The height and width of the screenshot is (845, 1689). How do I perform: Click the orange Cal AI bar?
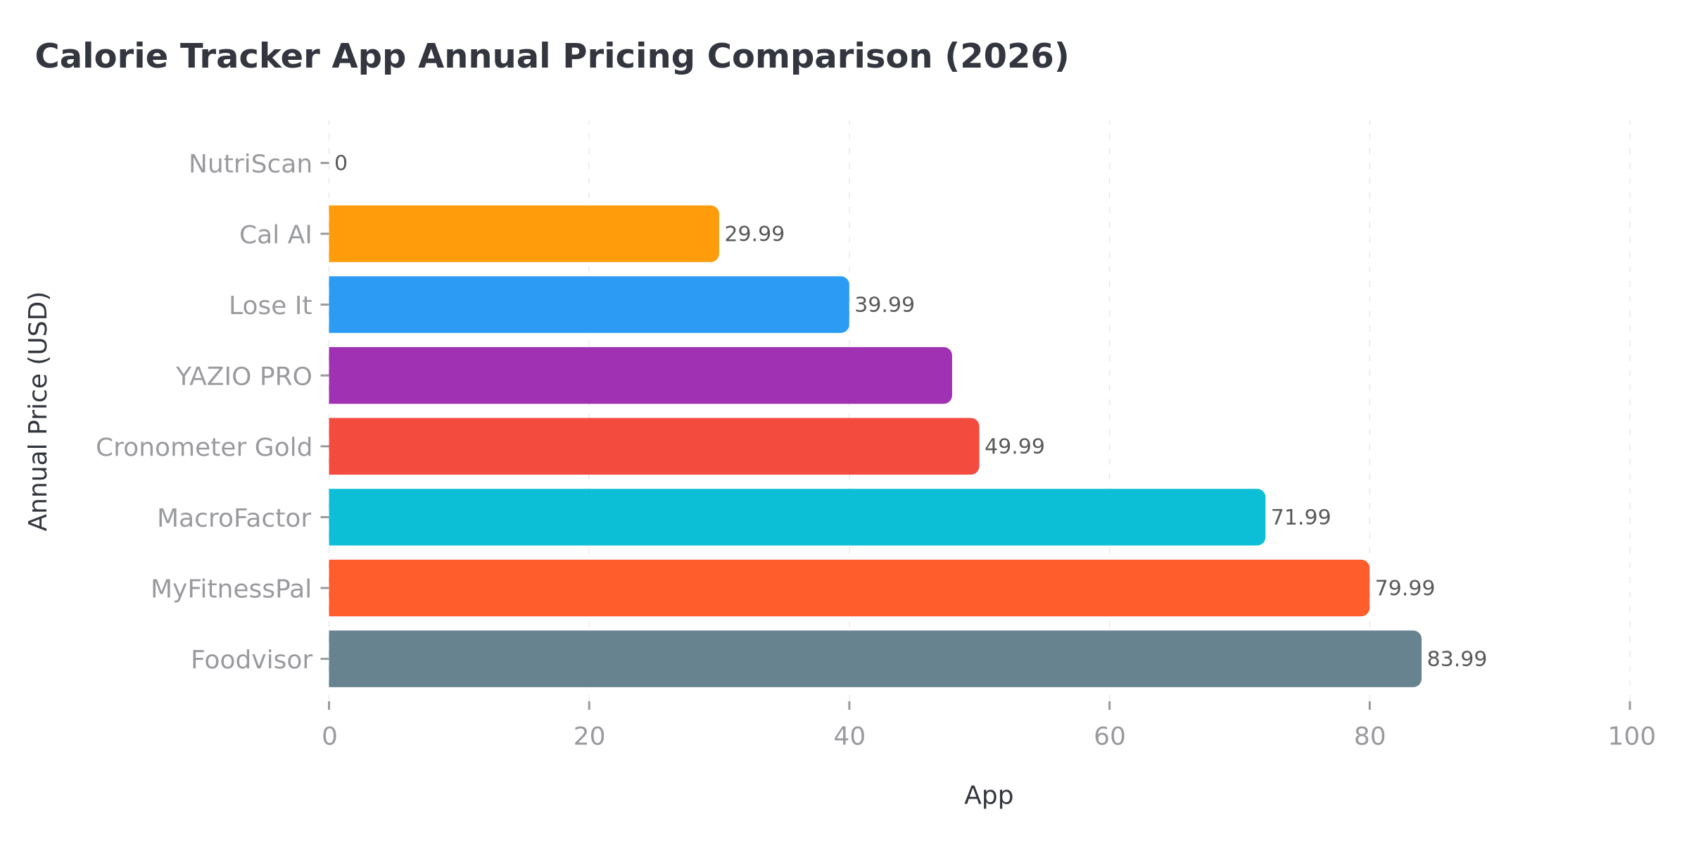pos(524,234)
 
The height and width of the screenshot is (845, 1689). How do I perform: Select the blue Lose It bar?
pos(588,305)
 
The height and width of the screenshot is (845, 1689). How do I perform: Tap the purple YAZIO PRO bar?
pos(640,375)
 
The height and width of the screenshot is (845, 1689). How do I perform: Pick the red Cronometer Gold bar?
pos(653,446)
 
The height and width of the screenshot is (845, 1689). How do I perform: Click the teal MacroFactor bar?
pos(797,517)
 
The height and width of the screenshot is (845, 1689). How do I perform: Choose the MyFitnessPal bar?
pos(849,588)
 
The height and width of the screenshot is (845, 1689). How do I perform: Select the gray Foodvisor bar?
pos(875,659)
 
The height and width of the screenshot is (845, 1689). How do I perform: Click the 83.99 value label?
pos(1456,659)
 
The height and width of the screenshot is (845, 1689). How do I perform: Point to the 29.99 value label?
pos(754,234)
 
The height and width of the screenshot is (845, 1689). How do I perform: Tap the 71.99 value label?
pos(1301,518)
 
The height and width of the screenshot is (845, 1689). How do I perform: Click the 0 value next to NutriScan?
pos(341,163)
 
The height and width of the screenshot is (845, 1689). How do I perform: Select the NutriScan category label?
pos(250,164)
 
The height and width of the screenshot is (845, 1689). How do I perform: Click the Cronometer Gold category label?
pos(203,447)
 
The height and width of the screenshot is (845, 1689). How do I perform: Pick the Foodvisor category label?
pos(251,660)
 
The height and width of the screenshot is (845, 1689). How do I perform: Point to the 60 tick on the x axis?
pos(1109,737)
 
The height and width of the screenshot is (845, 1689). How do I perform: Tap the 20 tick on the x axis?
pos(589,737)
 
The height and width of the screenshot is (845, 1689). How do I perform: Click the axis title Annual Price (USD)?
pos(38,411)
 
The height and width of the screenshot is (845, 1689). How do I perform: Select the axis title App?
pos(988,795)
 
